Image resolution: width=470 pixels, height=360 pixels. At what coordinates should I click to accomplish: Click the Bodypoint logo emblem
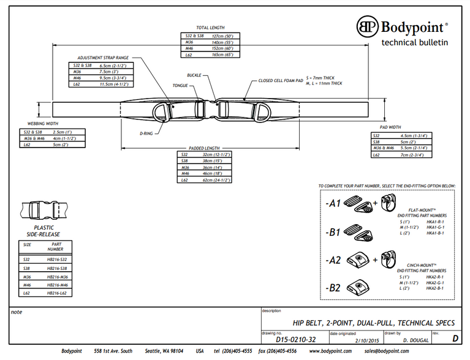click(368, 27)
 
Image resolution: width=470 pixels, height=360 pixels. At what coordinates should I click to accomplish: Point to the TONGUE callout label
click(180, 86)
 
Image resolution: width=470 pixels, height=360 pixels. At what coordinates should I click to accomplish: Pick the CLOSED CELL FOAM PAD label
click(281, 80)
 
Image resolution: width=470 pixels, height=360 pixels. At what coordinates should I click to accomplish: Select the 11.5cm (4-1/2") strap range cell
click(113, 84)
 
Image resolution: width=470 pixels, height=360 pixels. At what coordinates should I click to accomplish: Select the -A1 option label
click(333, 201)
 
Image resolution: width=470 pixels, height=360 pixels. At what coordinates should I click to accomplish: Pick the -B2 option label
click(333, 288)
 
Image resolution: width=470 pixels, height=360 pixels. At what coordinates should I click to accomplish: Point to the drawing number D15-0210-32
click(295, 338)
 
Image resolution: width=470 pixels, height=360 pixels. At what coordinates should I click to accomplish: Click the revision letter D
click(453, 337)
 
